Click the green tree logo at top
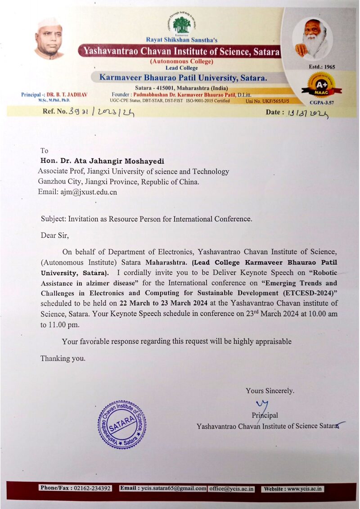[182, 25]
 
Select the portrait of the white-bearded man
[312, 40]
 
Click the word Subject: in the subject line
[54, 219]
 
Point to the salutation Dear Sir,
[55, 235]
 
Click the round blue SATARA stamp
[122, 425]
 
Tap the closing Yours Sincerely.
[270, 391]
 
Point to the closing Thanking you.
[63, 358]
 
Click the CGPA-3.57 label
[321, 103]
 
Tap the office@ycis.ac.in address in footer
[231, 488]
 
